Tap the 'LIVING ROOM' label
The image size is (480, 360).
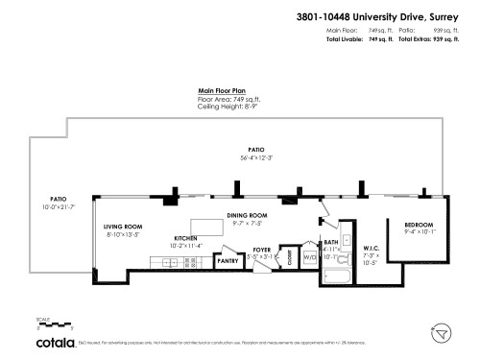(x=124, y=227)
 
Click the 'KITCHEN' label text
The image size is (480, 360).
(x=185, y=237)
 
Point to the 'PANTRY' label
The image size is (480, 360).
(x=228, y=260)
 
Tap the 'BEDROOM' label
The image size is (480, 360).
(x=420, y=224)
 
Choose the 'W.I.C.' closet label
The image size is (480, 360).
(x=372, y=249)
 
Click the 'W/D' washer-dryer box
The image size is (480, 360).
(x=310, y=257)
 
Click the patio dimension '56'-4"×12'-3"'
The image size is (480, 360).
(x=256, y=157)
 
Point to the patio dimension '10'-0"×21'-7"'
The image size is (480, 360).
(x=58, y=207)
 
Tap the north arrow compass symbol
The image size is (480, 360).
(x=442, y=332)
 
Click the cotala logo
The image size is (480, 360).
(x=57, y=342)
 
